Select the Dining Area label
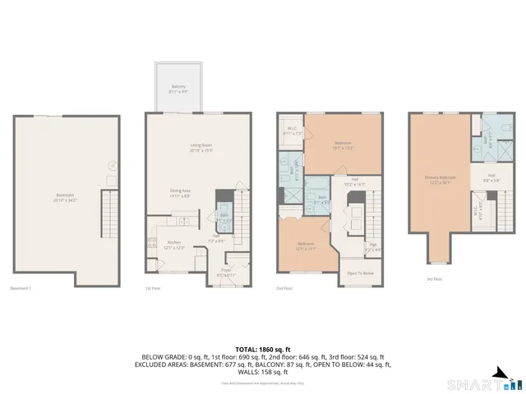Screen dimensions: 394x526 (x=180, y=190)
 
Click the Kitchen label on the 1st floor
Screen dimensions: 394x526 (x=174, y=241)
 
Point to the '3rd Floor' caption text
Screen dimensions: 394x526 (x=434, y=279)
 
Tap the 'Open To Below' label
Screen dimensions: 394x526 (x=360, y=273)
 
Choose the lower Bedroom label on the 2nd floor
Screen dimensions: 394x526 (x=307, y=245)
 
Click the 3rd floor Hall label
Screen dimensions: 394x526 (x=491, y=176)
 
